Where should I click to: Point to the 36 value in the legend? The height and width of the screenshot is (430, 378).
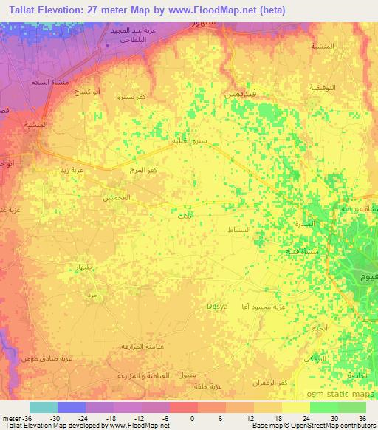tap(362, 417)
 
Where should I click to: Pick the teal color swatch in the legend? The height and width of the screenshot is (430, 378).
tap(44, 407)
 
